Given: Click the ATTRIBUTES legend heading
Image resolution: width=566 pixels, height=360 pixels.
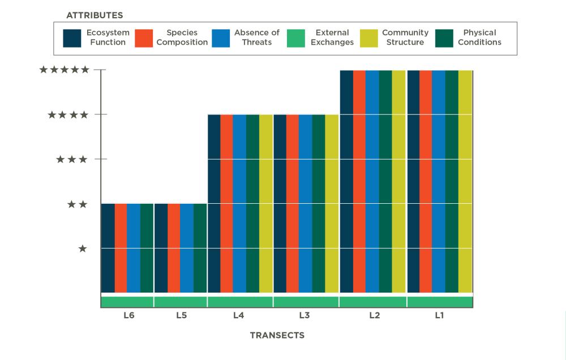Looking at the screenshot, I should (95, 15).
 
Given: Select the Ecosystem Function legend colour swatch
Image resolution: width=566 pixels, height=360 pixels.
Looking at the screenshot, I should (72, 38).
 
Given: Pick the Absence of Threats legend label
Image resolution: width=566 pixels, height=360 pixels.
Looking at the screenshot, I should (256, 37).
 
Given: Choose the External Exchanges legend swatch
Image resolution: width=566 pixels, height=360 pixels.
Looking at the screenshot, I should (297, 38).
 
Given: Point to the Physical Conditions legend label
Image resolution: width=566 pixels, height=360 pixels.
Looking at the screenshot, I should (479, 37).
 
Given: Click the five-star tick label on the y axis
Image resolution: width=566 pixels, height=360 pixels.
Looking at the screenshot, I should (64, 70).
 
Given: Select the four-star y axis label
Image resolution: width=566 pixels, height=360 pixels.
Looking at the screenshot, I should (68, 115).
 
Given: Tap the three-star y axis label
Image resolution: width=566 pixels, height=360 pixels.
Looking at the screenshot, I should (72, 160).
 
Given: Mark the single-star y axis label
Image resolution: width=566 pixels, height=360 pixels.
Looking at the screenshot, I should (83, 248).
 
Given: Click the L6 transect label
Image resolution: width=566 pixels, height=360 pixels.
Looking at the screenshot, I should (129, 316).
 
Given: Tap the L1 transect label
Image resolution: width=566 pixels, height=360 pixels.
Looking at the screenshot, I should (439, 316).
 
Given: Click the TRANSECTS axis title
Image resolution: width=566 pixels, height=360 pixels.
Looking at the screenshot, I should (277, 335).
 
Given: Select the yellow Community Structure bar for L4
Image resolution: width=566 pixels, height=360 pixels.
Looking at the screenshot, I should (265, 204).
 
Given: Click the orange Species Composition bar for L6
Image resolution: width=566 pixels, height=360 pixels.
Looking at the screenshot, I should (121, 247).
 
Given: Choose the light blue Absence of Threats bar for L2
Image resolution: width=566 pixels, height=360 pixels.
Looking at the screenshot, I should (372, 181).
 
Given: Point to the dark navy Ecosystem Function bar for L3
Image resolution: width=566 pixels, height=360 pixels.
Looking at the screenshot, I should (280, 204).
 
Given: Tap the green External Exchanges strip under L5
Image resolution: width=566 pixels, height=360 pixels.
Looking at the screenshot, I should (181, 302).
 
